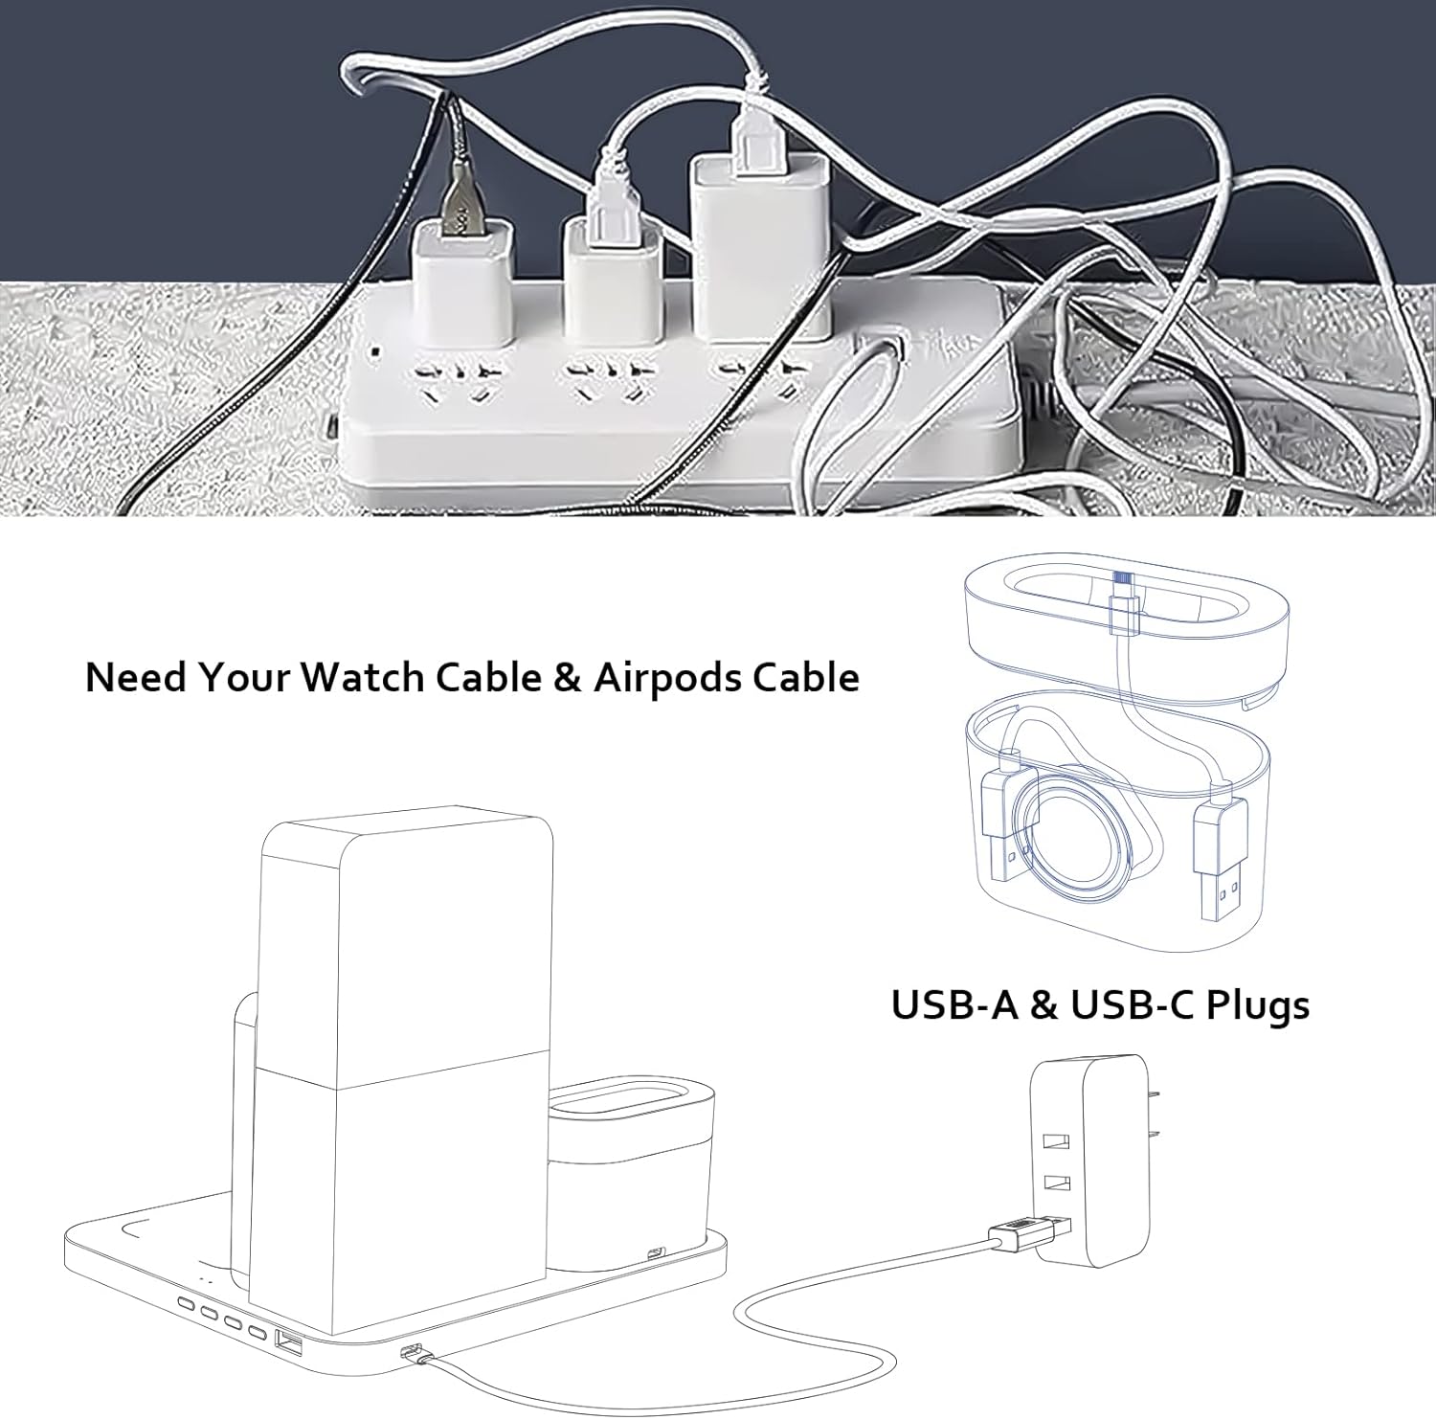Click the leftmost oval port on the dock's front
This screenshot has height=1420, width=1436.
pos(187,1304)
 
